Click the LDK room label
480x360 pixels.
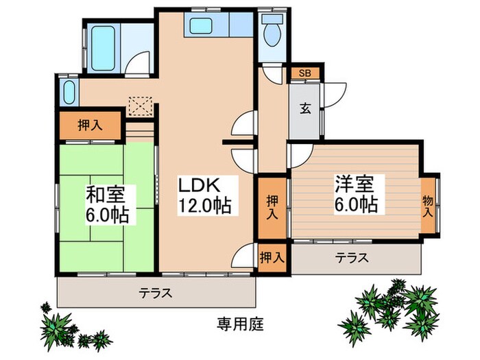point(198,185)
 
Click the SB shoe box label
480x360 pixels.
point(302,73)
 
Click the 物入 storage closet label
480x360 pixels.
point(427,205)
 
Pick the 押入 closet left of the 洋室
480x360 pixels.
point(272,205)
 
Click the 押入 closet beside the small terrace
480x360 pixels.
point(272,258)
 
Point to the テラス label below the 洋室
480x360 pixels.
point(352,259)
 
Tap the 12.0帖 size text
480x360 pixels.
point(204,204)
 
